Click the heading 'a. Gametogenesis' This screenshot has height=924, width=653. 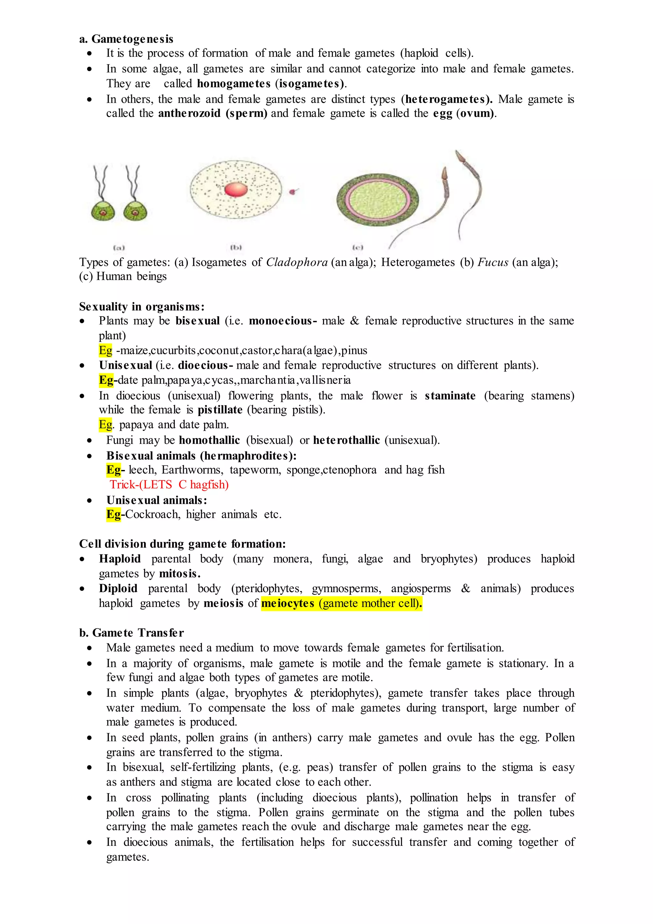(126, 39)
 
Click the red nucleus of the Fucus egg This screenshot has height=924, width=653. (236, 189)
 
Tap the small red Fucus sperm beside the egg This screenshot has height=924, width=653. (293, 191)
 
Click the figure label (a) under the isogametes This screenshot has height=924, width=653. (119, 248)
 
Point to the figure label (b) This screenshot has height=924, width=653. (236, 247)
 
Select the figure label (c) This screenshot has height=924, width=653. (357, 247)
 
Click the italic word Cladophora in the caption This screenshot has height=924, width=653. (297, 262)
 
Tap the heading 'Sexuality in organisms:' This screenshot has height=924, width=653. (142, 307)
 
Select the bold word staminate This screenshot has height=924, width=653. (450, 396)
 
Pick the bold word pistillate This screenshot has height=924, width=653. (220, 410)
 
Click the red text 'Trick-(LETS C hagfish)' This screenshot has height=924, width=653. (169, 485)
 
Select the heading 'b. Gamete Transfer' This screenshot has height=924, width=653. (131, 633)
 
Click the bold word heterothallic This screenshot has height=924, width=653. (346, 440)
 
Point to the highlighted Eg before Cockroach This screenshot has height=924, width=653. (114, 514)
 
